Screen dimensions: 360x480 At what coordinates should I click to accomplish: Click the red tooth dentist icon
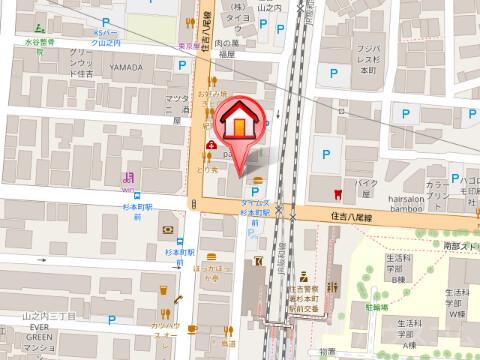point(337,193)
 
